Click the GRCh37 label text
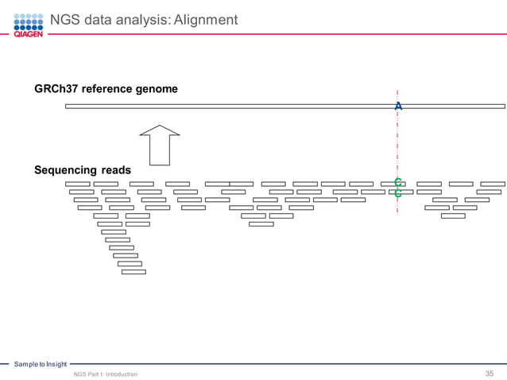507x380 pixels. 54,89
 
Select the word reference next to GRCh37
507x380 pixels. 105,89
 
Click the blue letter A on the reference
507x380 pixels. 398,106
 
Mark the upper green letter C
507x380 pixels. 397,183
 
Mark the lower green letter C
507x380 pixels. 397,193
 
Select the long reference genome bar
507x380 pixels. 238,106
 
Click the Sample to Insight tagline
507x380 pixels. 40,363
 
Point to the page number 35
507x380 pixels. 490,373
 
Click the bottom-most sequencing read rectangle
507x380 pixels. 134,272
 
